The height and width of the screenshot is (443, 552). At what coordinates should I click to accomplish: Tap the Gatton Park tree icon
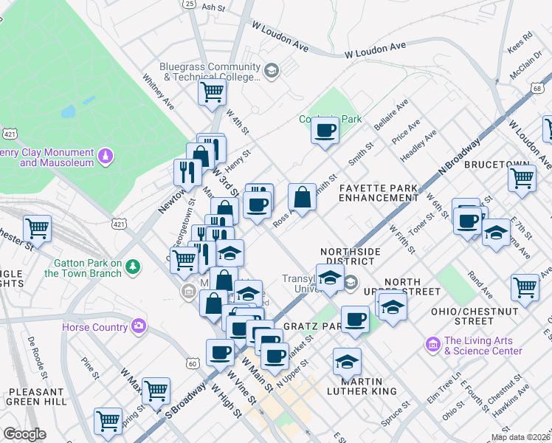pyautogui.click(x=132, y=266)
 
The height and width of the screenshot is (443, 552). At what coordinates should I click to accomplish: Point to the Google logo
pyautogui.click(x=24, y=434)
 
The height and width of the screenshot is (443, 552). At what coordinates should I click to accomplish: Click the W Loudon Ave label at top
pyautogui.click(x=280, y=35)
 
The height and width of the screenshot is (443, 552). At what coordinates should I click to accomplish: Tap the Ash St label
pyautogui.click(x=213, y=7)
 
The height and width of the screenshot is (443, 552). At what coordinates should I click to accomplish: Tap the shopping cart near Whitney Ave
pyautogui.click(x=212, y=93)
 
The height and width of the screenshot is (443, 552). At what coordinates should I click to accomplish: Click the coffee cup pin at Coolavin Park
pyautogui.click(x=325, y=131)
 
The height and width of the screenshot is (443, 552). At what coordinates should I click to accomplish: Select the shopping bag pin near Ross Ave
pyautogui.click(x=302, y=198)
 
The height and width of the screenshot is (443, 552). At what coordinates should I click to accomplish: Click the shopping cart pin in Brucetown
pyautogui.click(x=522, y=177)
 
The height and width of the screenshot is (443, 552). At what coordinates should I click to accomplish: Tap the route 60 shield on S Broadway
pyautogui.click(x=193, y=363)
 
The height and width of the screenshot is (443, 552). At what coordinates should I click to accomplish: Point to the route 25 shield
pyautogui.click(x=190, y=4)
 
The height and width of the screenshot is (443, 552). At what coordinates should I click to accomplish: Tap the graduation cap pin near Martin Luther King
pyautogui.click(x=345, y=363)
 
